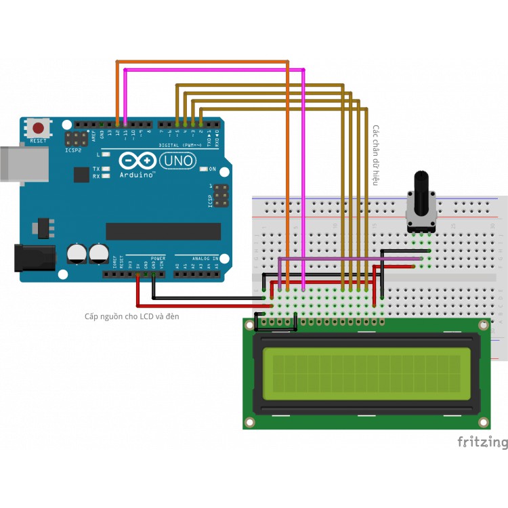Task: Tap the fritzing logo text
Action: (482, 443)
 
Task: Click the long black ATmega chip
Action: (163, 231)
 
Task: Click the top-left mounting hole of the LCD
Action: (250, 325)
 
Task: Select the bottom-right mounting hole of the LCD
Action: (482, 423)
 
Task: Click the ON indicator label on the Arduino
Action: (212, 169)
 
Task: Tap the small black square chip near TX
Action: (81, 175)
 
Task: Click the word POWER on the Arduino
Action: (157, 258)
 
